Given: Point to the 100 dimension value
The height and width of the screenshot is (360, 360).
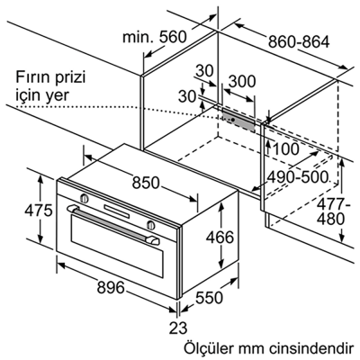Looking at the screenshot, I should (x=285, y=148).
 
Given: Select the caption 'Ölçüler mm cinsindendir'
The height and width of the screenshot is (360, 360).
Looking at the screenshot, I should (x=256, y=346).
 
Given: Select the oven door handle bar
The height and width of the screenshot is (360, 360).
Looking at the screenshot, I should (x=117, y=221).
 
